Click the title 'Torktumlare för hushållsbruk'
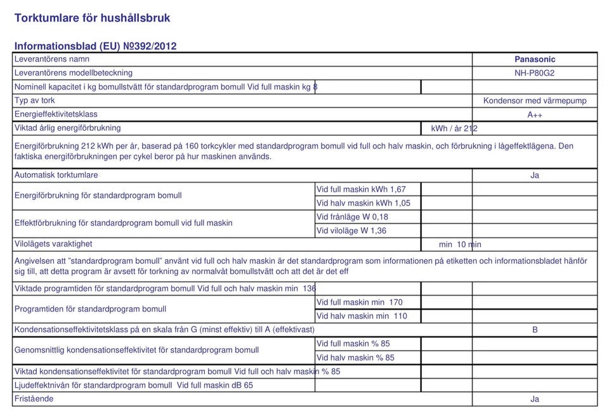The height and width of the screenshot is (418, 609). point(93,18)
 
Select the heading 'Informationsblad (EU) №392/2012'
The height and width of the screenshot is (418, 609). point(95,46)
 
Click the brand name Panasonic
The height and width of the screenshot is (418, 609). point(535,60)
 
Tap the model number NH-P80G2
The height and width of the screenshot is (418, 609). point(535,73)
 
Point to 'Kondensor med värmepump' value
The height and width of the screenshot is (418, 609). point(535,101)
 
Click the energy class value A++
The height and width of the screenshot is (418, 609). point(535,115)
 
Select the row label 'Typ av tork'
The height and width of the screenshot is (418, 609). point(35,100)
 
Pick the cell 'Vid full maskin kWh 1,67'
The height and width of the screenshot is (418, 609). point(361,189)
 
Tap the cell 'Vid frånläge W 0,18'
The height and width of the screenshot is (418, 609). point(352,217)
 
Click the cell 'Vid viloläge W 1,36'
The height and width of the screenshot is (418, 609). point(351,231)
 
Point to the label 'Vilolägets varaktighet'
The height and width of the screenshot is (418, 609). point(53,244)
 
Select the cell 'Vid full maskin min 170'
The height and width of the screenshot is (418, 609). point(359,303)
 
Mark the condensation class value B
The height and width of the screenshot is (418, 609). point(535,330)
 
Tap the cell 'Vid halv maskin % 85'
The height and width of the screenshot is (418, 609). point(355,358)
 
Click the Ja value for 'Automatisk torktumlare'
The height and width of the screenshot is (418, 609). point(535,176)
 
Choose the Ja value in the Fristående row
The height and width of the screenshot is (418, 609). point(535,399)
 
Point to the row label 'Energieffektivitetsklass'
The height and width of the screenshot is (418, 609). point(56,114)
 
